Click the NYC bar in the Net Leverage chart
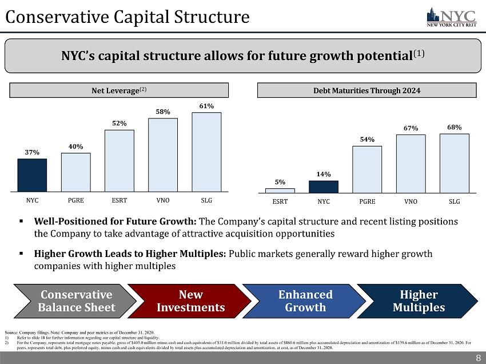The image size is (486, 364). [x=32, y=175]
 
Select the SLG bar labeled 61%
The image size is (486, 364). [x=206, y=152]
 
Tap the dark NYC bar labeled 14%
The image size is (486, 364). [x=324, y=187]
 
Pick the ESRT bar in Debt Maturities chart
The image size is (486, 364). [x=280, y=191]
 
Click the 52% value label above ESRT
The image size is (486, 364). [x=119, y=123]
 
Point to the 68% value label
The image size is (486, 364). [x=454, y=126]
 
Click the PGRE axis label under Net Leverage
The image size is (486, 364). [x=76, y=201]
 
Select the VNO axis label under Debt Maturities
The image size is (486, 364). [x=411, y=201]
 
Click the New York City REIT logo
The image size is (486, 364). [x=452, y=18]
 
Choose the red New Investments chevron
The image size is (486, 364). [x=190, y=301]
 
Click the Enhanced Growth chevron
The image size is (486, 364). [x=305, y=301]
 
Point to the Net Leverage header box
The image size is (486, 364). [x=117, y=90]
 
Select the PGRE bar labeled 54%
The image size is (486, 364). [x=367, y=169]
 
